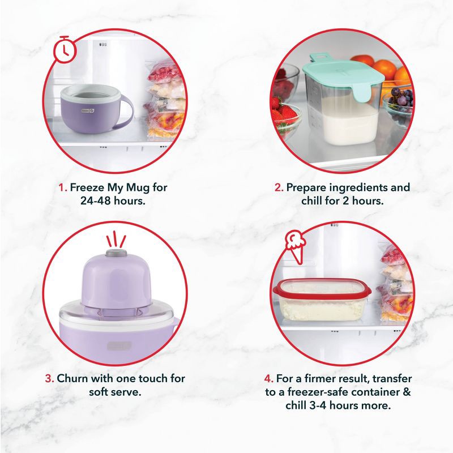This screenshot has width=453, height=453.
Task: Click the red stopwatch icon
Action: pyautogui.click(x=64, y=49)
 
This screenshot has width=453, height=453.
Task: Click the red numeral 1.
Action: pyautogui.click(x=62, y=187)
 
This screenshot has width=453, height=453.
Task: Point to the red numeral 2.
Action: pyautogui.click(x=278, y=187)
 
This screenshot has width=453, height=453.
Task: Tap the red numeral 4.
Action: pyautogui.click(x=270, y=378)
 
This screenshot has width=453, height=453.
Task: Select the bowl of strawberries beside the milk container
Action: pyautogui.click(x=284, y=113)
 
